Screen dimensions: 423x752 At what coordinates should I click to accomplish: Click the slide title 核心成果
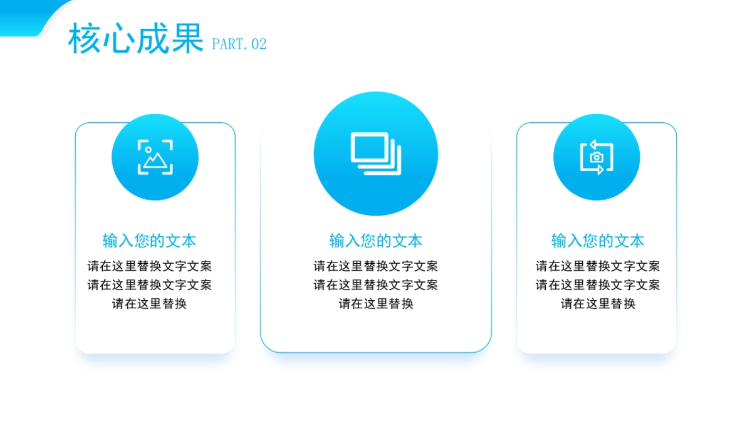(x=135, y=39)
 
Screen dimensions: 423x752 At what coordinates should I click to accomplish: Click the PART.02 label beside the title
(x=239, y=44)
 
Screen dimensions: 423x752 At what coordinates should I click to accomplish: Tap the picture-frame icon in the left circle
(x=155, y=157)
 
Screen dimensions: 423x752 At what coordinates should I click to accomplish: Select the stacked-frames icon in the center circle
(x=375, y=154)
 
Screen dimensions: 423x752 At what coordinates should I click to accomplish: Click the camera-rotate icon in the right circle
(x=597, y=157)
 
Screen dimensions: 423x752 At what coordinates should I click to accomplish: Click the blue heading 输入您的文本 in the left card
(x=150, y=241)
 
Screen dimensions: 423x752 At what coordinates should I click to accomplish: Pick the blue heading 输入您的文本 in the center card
(x=376, y=241)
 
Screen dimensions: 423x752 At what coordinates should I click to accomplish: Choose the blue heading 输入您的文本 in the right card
(x=598, y=241)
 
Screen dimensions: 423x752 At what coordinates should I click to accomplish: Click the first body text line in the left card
(x=150, y=266)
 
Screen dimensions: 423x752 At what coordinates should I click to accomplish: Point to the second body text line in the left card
(x=150, y=285)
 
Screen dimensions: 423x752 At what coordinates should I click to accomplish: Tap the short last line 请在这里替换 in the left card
(x=150, y=304)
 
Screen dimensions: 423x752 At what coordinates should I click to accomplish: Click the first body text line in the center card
(x=376, y=266)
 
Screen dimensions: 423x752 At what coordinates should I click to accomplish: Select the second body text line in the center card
(x=376, y=285)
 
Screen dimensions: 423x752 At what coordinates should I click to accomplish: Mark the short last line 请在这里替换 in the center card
(x=376, y=304)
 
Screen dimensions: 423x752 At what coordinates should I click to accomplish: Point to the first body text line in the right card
(x=598, y=266)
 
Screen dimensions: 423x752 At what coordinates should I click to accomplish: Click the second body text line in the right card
(x=598, y=285)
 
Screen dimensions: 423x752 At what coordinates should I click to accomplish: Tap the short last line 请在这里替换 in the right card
(x=598, y=304)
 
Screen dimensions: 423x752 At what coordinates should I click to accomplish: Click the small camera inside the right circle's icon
(x=597, y=157)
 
